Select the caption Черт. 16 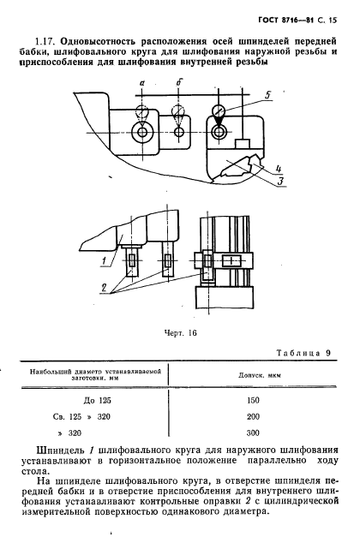(181, 335)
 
